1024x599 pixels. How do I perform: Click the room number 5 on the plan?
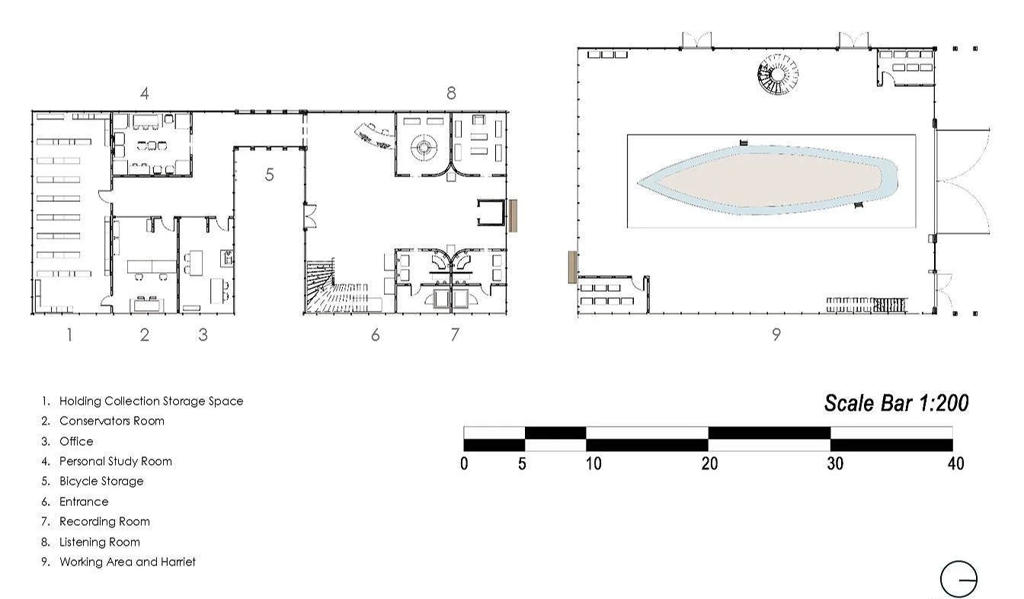tap(269, 175)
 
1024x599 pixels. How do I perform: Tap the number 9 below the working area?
tap(776, 335)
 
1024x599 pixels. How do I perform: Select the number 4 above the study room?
tap(145, 93)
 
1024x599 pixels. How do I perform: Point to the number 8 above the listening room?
tap(451, 93)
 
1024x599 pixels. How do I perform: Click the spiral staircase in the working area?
tap(778, 75)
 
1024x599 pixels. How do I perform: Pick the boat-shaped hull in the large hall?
tap(767, 180)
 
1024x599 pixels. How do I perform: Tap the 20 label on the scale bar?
tap(709, 463)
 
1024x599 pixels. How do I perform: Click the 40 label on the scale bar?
tap(956, 463)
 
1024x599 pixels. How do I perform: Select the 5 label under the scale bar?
tap(522, 463)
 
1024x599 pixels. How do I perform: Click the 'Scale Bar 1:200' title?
tap(897, 403)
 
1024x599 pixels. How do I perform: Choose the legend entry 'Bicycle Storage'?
tap(101, 481)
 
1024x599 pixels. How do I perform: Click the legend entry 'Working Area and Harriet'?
tap(127, 562)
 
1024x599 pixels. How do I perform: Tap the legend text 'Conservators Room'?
tap(112, 421)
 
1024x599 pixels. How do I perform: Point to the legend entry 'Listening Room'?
tap(100, 542)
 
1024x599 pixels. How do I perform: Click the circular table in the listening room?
tap(424, 147)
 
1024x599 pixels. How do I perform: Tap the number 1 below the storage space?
tap(69, 335)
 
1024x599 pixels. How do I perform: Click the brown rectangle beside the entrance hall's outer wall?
tap(513, 216)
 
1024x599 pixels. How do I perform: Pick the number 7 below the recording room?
tap(454, 335)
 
